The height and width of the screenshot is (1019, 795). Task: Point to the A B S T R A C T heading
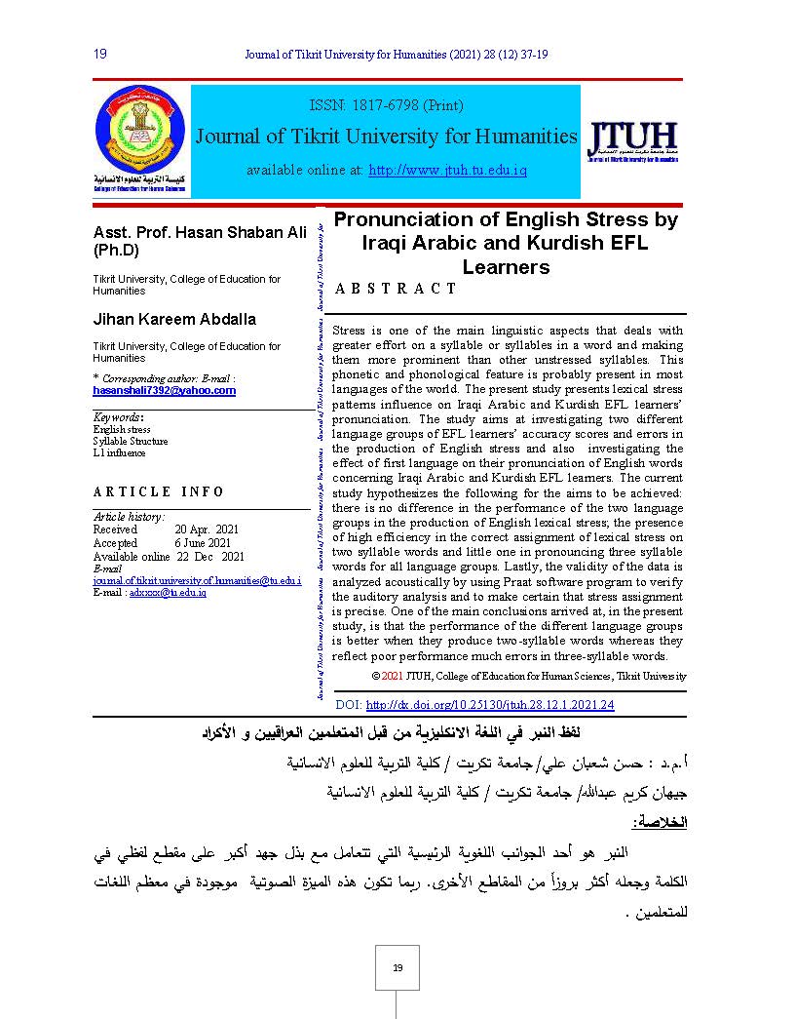point(396,289)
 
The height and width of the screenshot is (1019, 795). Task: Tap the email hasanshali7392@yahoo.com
point(165,390)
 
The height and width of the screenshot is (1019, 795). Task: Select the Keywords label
point(116,417)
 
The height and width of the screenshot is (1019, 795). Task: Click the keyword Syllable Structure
point(131,441)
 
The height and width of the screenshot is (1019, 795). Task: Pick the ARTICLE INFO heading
point(159,491)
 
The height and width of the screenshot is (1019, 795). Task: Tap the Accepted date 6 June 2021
point(203,543)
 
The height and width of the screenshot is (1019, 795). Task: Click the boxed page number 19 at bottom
point(397,967)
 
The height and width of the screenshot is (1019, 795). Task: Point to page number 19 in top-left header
point(99,54)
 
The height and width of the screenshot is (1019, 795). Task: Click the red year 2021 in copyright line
point(391,676)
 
